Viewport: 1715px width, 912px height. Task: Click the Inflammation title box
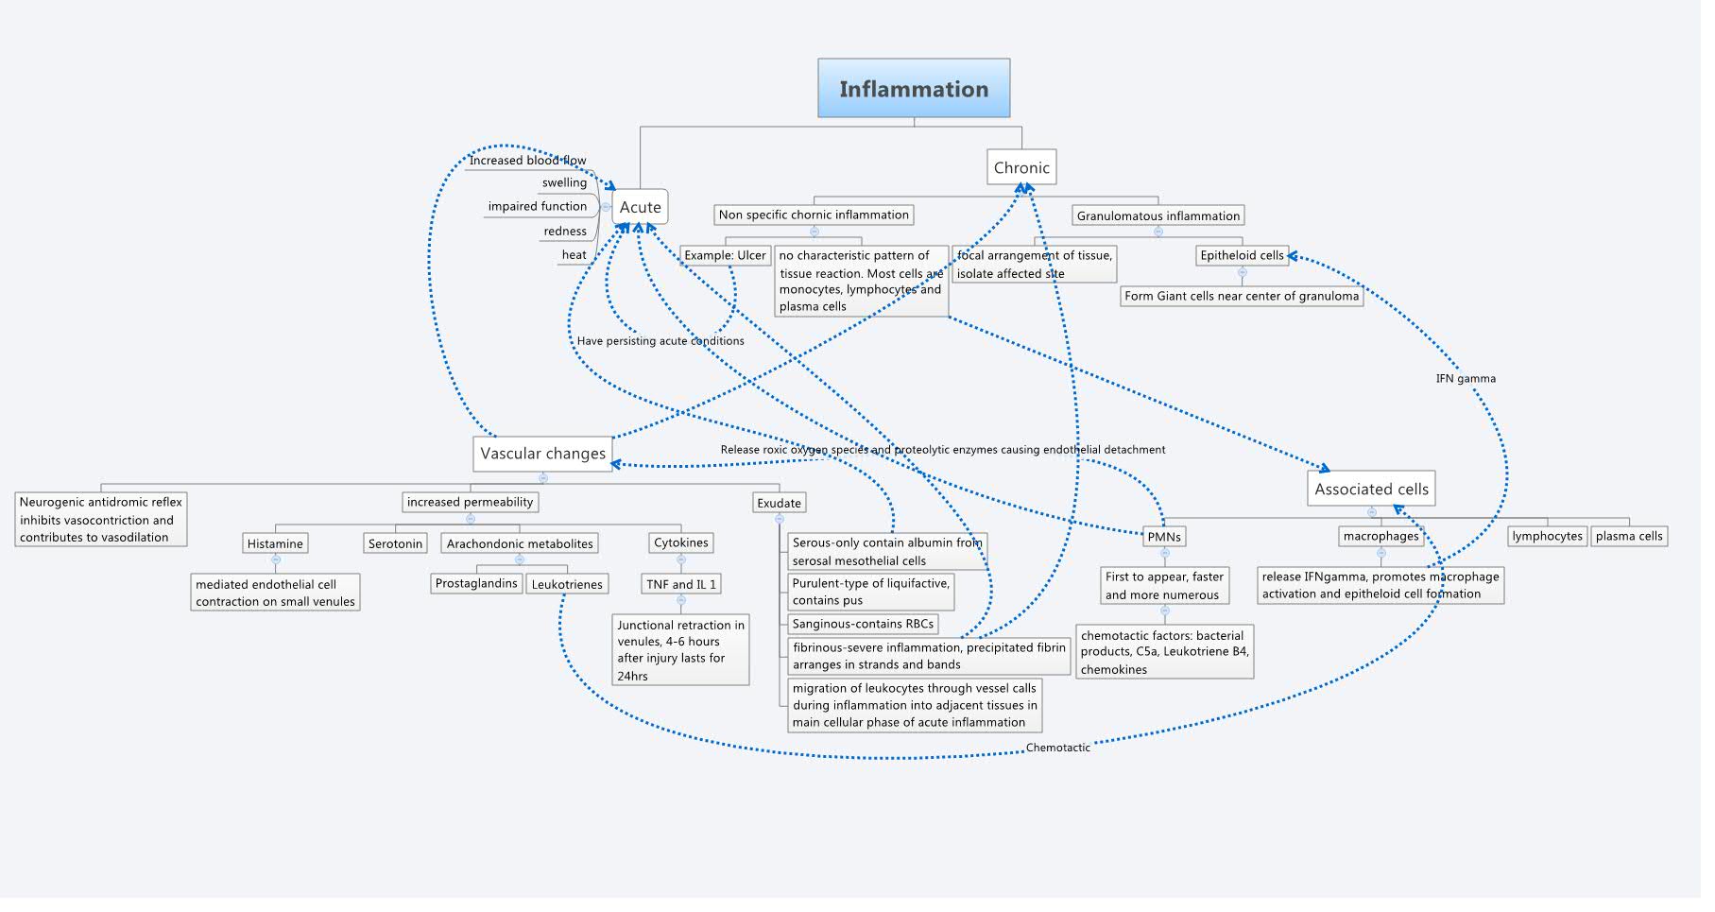913,89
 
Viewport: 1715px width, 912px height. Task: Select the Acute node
640,207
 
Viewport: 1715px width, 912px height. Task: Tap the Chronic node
1020,167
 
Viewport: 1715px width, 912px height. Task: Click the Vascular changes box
542,454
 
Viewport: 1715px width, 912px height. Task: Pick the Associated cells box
1371,489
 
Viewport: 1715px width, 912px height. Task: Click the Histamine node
275,543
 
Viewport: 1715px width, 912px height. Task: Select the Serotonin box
395,543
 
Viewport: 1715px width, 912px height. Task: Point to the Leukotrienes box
566,584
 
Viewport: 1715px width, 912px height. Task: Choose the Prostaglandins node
476,583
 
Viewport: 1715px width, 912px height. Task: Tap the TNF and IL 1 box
680,584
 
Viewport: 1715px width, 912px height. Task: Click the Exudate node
779,503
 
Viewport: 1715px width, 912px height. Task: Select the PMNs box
1163,536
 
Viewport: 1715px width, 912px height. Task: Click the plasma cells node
1628,536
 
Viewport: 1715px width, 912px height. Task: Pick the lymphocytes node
1547,536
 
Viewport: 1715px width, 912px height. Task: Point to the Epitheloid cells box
1242,255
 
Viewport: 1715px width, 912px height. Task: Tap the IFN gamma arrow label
1465,378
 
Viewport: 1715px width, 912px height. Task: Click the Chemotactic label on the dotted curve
1057,748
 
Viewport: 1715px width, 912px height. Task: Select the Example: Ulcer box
725,255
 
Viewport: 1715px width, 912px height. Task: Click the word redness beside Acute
565,232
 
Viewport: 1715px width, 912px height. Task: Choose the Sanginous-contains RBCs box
863,624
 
